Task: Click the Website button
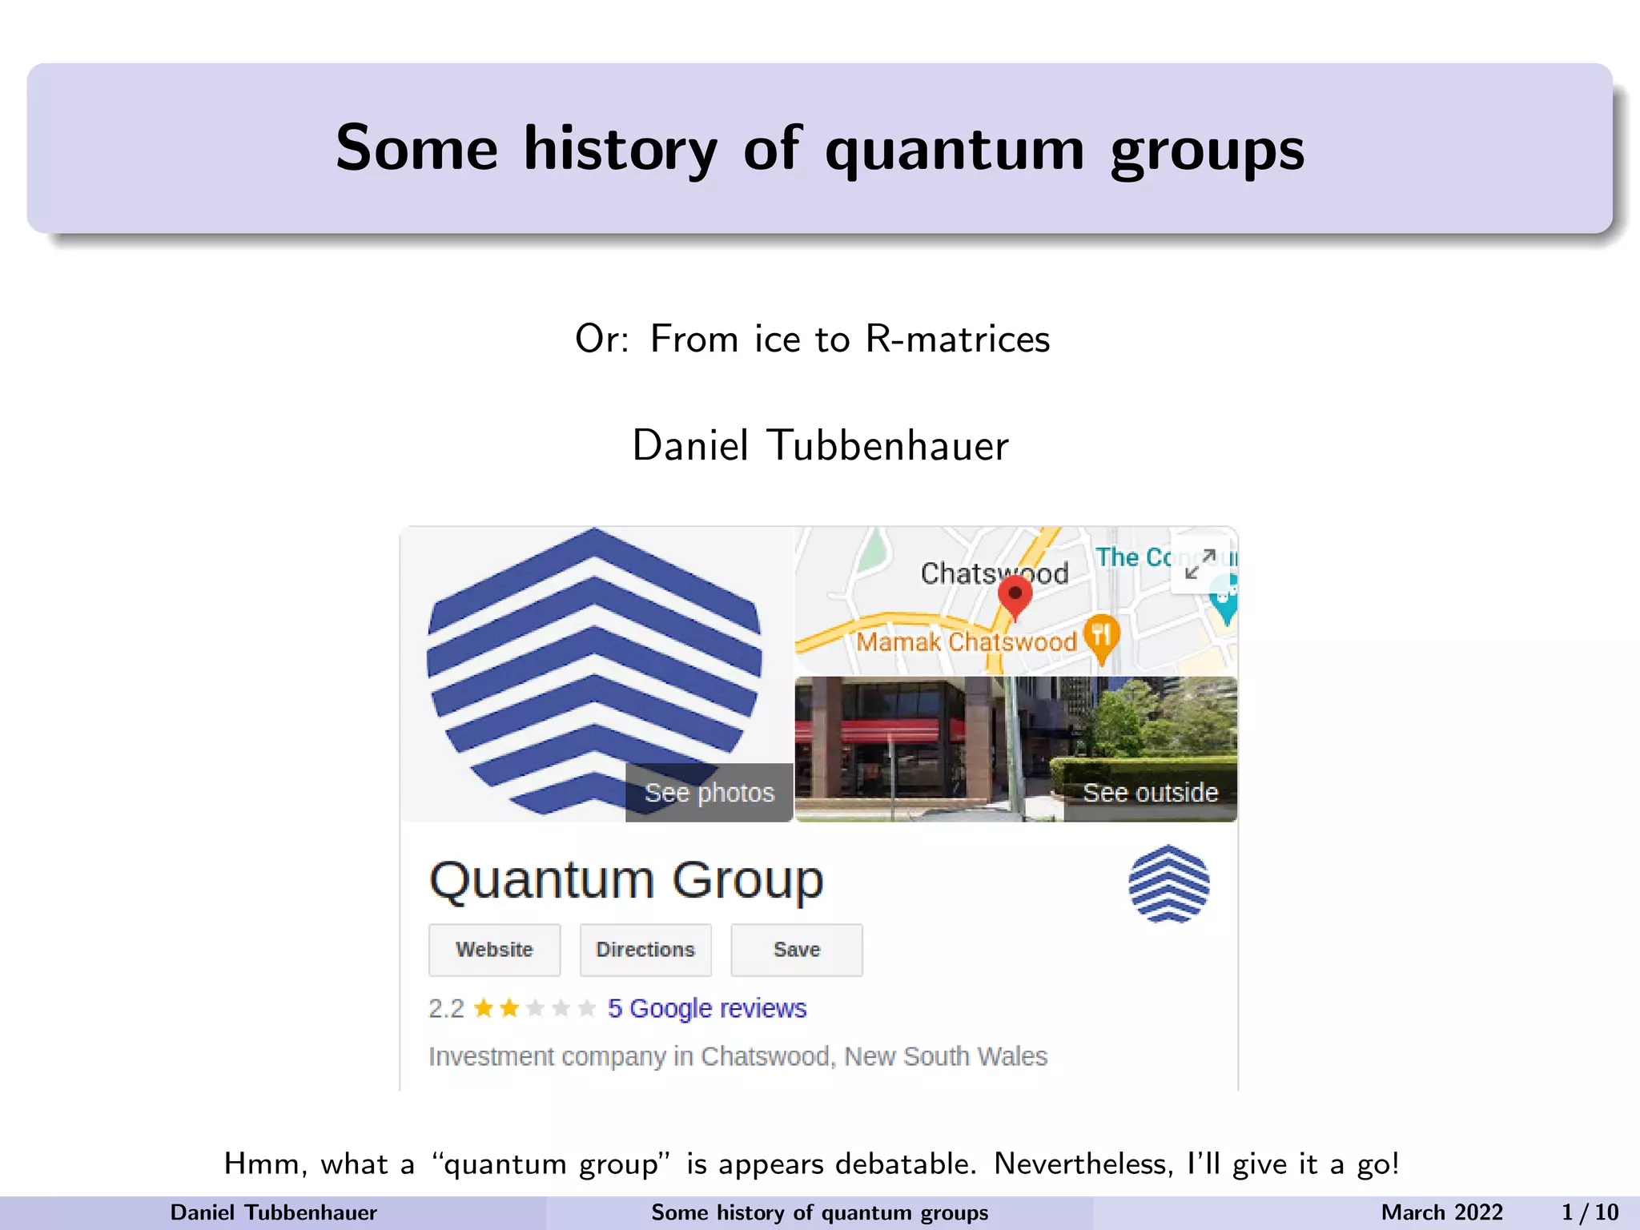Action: point(494,950)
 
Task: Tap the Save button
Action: point(797,950)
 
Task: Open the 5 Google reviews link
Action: point(706,1008)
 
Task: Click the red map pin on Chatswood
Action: point(1015,596)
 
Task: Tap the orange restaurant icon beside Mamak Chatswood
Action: point(1102,636)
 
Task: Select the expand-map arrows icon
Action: point(1200,563)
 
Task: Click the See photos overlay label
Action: point(709,793)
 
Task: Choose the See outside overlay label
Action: point(1150,793)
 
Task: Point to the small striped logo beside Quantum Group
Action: point(1168,884)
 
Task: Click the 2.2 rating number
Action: point(446,1008)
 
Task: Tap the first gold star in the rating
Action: point(484,1007)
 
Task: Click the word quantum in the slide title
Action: point(955,150)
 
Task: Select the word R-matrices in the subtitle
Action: point(958,339)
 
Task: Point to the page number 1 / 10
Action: point(1590,1212)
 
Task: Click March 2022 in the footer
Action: point(1441,1212)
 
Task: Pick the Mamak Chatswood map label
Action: point(966,642)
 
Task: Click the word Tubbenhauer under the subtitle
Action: point(888,445)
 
